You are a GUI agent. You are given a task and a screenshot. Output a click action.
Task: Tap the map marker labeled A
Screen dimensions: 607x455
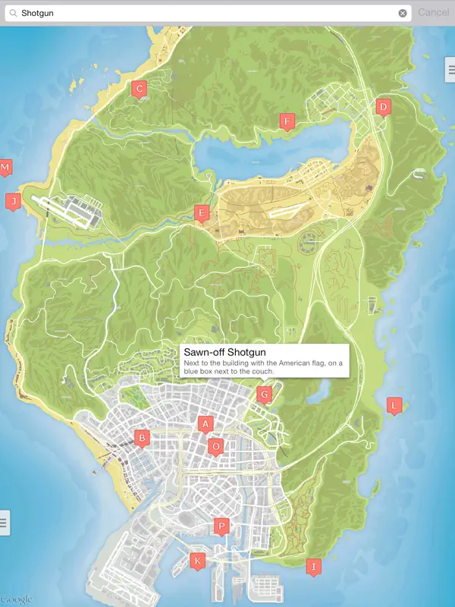[204, 424]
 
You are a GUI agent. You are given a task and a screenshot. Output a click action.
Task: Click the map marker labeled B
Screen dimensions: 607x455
[141, 438]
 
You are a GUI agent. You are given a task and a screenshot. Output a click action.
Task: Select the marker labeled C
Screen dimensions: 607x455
[138, 89]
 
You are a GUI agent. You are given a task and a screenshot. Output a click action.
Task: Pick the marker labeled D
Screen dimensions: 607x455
[383, 107]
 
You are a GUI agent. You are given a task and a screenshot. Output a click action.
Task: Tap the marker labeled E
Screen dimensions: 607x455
[201, 213]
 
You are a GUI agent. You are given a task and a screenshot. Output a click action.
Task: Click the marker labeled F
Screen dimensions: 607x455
[287, 121]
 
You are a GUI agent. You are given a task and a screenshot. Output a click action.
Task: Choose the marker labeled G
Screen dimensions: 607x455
[264, 395]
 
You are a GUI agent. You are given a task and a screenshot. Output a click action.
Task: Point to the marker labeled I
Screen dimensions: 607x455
[312, 566]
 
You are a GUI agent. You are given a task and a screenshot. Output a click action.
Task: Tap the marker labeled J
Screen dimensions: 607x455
[12, 201]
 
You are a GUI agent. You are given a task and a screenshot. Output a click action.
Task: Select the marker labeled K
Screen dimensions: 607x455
[198, 561]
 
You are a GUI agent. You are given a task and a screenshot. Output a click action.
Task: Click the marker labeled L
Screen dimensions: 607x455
[394, 406]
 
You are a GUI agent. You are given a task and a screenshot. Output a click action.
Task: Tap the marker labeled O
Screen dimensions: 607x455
[216, 446]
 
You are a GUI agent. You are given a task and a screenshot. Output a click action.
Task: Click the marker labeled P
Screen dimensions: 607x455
[221, 526]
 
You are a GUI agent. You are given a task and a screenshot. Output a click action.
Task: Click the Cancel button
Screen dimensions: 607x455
[433, 12]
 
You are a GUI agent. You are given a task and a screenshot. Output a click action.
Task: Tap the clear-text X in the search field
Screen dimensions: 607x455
[403, 13]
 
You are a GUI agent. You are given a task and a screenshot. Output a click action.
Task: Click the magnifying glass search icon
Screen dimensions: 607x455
[12, 13]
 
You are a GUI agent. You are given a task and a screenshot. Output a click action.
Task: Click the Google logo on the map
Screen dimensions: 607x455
[17, 599]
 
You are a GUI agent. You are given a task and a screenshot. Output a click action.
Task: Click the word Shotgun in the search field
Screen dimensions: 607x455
[38, 13]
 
